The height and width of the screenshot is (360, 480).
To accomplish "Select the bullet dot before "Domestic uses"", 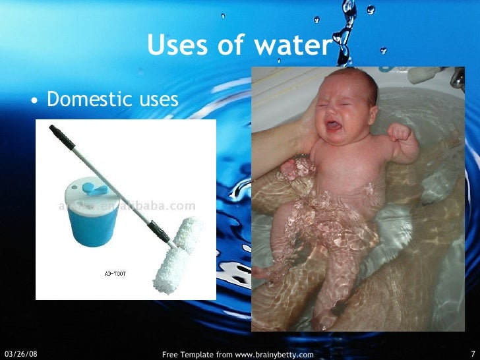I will pyautogui.click(x=35, y=101).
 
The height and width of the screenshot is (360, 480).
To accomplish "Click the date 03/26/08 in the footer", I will pyautogui.click(x=20, y=354).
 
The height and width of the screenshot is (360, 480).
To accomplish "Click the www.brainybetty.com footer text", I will pyautogui.click(x=274, y=355).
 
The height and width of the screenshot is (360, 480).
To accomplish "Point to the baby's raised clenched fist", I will pyautogui.click(x=399, y=132).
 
